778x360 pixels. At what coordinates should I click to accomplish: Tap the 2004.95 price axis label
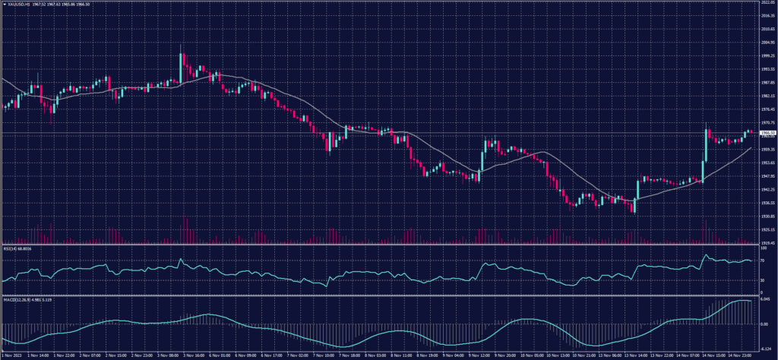click(768, 43)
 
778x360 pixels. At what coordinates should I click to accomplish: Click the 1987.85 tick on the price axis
click(768, 83)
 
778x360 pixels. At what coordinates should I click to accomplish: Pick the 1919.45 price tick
click(768, 243)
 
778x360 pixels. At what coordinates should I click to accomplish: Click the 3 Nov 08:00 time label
click(167, 355)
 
